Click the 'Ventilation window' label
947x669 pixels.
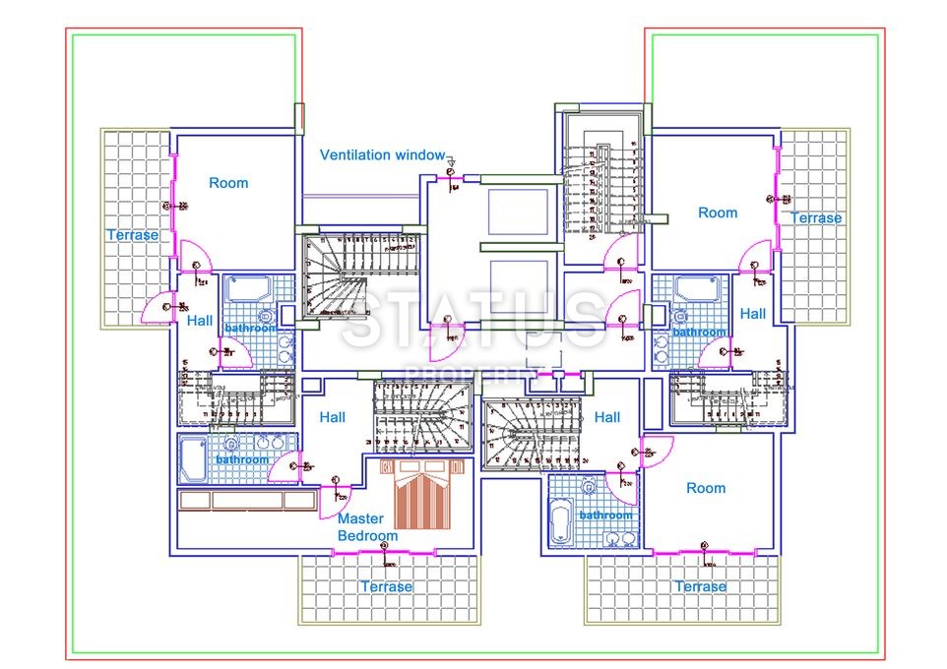point(382,155)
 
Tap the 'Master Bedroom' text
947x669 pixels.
point(367,527)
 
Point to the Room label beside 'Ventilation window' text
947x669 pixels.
point(228,183)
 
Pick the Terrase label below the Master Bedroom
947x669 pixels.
point(386,586)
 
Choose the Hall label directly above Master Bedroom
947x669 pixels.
point(333,417)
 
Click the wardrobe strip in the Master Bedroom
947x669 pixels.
point(245,500)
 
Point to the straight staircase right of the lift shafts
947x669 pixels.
point(600,187)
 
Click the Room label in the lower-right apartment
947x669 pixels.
point(706,488)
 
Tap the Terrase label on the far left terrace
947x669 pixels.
point(133,235)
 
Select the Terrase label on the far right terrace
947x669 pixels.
point(816,217)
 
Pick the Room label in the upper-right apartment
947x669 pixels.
point(718,213)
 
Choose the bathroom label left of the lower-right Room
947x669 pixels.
point(605,516)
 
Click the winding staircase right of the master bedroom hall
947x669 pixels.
point(421,414)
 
